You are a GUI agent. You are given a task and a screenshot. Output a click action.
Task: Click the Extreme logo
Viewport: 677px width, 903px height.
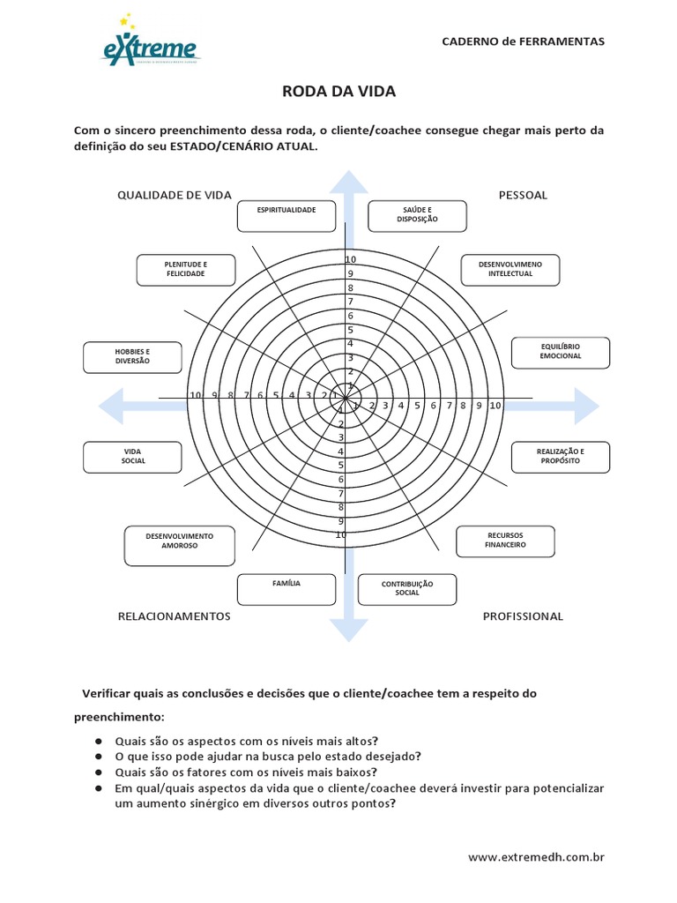coord(151,44)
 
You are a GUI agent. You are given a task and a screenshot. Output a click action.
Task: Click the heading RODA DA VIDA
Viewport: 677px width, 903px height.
coord(339,91)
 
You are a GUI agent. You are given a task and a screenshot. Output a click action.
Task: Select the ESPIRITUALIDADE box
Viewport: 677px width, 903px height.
coord(286,214)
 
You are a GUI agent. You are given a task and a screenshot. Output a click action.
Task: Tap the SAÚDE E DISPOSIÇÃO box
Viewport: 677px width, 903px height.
coord(417,214)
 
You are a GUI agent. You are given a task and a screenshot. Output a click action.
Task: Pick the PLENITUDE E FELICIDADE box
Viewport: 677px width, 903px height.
coord(186,270)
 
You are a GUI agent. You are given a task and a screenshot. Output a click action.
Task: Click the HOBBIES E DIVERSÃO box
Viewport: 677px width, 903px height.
coord(132,356)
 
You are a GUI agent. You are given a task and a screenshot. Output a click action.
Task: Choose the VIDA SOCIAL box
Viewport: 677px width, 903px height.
coord(132,456)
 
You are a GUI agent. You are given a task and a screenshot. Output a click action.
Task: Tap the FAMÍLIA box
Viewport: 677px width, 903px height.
coord(286,588)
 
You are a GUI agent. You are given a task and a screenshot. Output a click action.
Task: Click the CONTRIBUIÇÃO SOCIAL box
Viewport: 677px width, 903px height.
coord(407,588)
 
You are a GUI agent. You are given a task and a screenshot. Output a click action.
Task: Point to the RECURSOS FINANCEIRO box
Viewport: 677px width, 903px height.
coord(505,541)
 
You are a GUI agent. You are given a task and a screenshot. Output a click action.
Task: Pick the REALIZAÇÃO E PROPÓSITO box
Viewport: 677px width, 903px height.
coord(560,456)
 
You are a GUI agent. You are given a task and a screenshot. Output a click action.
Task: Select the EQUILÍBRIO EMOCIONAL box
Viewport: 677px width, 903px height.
coord(560,351)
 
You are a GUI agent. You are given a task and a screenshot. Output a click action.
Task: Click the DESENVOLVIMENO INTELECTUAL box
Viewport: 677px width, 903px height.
coord(510,270)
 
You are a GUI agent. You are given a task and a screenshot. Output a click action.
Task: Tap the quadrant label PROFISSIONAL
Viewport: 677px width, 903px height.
coord(523,616)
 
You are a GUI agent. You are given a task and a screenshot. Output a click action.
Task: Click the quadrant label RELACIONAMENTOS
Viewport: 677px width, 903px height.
coord(175,616)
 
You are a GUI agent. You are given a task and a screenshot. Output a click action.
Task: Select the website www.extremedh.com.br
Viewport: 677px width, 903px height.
coord(536,856)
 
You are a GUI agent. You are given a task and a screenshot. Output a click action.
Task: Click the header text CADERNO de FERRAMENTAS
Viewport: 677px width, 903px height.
coord(523,41)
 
